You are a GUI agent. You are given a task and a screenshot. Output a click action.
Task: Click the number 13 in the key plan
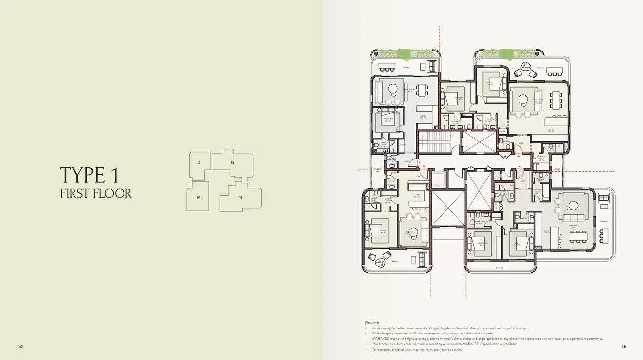[198, 162]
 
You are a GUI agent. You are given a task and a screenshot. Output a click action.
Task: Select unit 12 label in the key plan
[232, 162]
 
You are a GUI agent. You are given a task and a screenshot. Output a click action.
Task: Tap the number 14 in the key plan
[198, 198]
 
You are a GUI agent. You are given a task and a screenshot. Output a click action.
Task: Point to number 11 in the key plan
[241, 198]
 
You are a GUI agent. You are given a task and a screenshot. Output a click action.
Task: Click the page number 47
[21, 347]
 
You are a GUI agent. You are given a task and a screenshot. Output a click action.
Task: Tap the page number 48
[623, 347]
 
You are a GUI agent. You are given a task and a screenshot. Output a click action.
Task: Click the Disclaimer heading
[372, 322]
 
